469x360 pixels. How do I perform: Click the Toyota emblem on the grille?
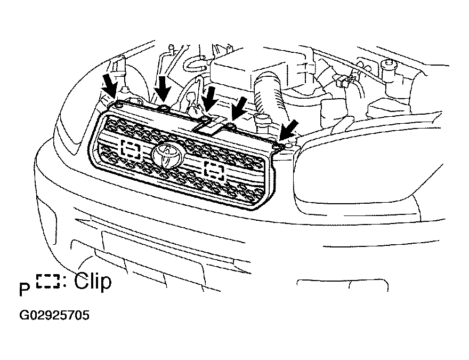point(168,155)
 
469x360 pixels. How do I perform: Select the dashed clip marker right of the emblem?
point(214,172)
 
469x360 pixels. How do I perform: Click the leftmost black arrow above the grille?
point(109,86)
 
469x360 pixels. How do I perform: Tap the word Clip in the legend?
point(93,281)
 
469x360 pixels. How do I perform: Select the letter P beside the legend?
point(25,290)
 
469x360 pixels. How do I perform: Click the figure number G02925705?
point(54,315)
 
